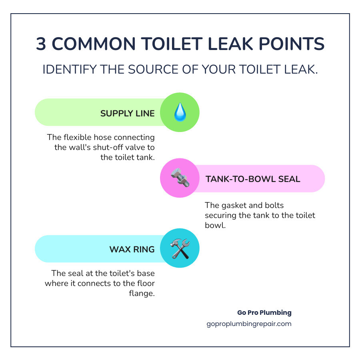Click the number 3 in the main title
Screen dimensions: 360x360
(41, 44)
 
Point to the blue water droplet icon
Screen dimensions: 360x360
(180, 112)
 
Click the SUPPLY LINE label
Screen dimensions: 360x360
(127, 113)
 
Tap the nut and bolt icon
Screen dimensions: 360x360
(180, 178)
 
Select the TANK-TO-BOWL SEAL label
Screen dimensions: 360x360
(253, 179)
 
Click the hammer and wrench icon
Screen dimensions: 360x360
(180, 248)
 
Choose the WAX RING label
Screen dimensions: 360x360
(132, 249)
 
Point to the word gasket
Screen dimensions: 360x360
(234, 206)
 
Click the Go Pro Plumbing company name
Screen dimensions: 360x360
(264, 313)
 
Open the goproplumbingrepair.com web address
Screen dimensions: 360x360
(248, 324)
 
